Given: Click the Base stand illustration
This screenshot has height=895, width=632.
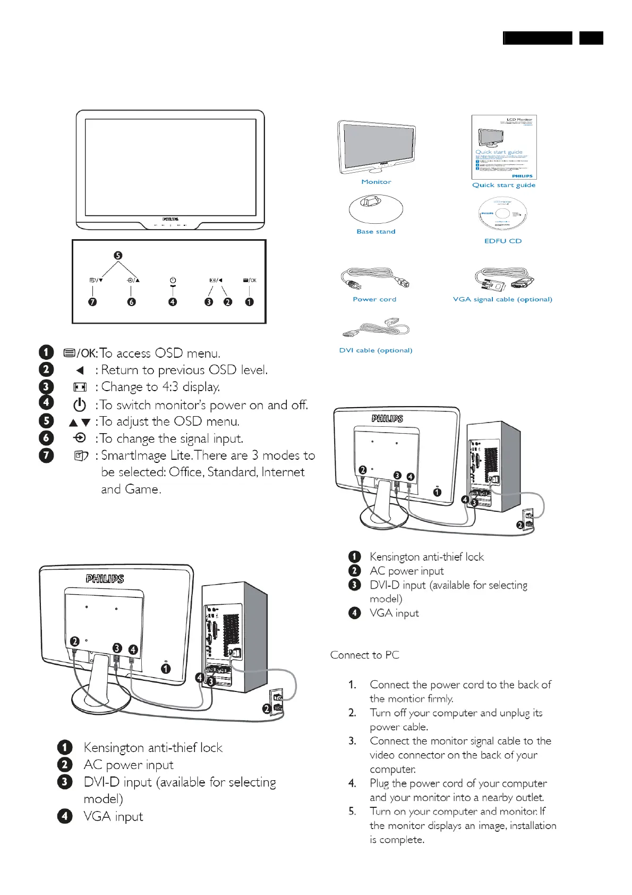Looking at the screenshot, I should pyautogui.click(x=375, y=208).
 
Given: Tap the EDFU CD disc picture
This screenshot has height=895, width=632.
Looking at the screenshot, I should pyautogui.click(x=502, y=215).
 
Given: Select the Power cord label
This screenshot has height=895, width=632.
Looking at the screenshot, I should pyautogui.click(x=374, y=299).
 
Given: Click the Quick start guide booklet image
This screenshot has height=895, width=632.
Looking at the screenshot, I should pyautogui.click(x=504, y=147).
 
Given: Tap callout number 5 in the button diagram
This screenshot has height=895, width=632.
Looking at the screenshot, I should pyautogui.click(x=118, y=256).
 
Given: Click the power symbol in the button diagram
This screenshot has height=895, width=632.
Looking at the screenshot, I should pyautogui.click(x=173, y=280).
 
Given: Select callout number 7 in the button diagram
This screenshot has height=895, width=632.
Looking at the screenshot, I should pyautogui.click(x=93, y=302).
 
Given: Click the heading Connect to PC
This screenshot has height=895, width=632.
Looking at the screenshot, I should pyautogui.click(x=364, y=655).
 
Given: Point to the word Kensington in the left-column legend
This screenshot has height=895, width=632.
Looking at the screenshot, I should pyautogui.click(x=114, y=748).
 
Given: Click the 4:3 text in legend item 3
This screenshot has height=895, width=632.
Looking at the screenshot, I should pyautogui.click(x=170, y=387).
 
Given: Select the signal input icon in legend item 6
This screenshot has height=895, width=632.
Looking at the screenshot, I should pyautogui.click(x=80, y=438).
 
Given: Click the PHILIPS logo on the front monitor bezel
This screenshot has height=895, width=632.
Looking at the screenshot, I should pyautogui.click(x=170, y=218).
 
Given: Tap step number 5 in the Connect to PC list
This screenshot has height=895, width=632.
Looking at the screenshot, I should pyautogui.click(x=352, y=812).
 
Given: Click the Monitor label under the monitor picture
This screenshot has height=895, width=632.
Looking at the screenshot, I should pyautogui.click(x=376, y=182).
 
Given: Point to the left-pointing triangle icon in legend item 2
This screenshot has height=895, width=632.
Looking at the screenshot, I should pyautogui.click(x=80, y=370).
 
